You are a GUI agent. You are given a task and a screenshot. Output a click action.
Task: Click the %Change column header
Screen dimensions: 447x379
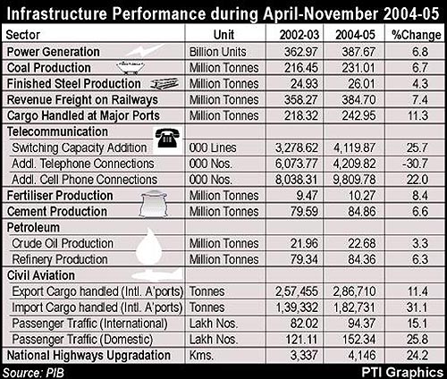click(x=417, y=35)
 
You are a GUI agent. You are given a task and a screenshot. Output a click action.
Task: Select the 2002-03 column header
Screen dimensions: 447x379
click(x=299, y=35)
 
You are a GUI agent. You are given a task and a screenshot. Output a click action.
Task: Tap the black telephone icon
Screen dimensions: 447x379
click(x=168, y=138)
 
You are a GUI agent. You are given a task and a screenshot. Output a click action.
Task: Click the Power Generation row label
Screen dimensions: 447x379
click(x=54, y=52)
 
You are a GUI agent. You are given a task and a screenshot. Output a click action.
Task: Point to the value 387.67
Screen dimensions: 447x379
click(x=358, y=52)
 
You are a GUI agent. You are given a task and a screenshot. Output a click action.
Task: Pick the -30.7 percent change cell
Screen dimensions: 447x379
click(x=417, y=164)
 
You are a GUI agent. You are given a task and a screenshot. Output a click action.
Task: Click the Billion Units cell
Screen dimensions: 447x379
click(x=218, y=52)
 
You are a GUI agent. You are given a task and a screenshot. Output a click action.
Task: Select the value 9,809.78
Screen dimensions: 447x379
click(x=354, y=180)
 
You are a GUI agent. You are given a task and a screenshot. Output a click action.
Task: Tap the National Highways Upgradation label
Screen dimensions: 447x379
click(x=89, y=355)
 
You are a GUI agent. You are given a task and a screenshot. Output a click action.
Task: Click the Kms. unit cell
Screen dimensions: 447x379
click(x=201, y=355)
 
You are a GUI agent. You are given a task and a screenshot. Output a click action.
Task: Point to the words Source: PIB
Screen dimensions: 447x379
click(x=33, y=373)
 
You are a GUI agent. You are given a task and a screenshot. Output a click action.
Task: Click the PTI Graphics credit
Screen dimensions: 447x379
click(x=402, y=373)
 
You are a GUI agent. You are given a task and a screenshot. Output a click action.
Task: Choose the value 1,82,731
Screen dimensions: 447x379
click(x=354, y=307)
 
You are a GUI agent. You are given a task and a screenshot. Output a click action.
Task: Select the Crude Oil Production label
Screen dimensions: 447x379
click(x=63, y=243)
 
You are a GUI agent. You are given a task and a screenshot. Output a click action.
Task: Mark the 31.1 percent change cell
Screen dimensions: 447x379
click(x=417, y=307)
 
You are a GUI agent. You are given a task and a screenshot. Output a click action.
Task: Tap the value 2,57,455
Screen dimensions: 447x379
click(x=297, y=291)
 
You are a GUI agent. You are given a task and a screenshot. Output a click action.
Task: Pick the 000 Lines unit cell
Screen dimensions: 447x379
click(x=213, y=147)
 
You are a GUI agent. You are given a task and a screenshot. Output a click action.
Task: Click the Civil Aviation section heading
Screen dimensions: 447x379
click(x=41, y=275)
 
